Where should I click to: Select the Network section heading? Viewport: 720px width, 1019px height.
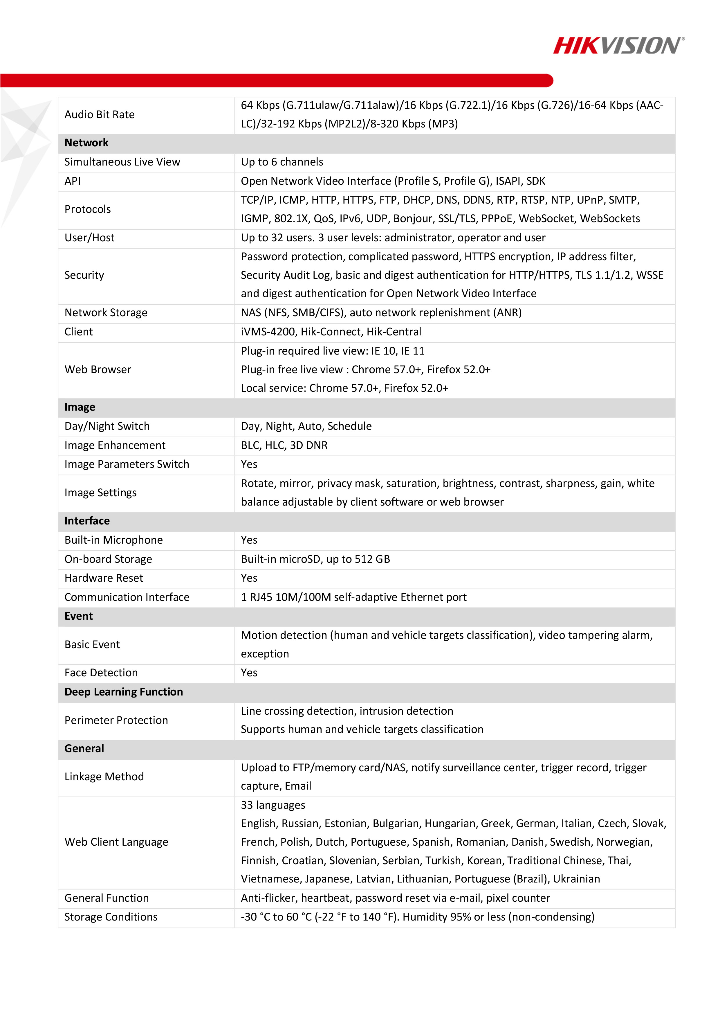[86, 143]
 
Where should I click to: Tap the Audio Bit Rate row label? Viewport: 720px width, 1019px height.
[99, 114]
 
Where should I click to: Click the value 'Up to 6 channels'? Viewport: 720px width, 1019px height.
[282, 162]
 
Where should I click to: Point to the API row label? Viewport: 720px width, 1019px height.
[73, 181]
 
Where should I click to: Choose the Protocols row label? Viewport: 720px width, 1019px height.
[87, 209]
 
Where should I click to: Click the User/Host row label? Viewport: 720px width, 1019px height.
[89, 238]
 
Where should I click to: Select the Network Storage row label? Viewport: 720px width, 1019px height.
[106, 313]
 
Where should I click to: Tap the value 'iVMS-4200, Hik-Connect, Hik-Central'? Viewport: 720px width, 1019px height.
[331, 332]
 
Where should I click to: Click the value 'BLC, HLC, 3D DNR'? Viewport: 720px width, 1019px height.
[284, 445]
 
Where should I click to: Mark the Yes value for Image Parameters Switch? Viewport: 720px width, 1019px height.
[249, 464]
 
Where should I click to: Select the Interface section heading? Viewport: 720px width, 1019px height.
[87, 521]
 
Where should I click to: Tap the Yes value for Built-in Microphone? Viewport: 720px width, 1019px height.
[249, 540]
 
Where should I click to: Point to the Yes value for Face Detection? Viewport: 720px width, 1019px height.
[249, 673]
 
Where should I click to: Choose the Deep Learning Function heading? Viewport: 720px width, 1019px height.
[123, 692]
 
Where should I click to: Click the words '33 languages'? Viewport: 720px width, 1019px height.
[273, 805]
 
